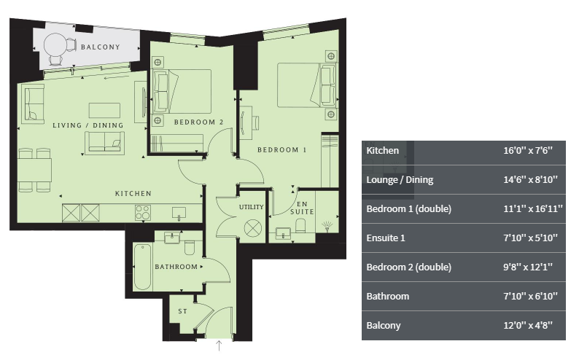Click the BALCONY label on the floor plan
101,47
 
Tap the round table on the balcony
55,45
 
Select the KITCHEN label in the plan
133,194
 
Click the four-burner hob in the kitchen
143,213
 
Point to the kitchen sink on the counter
179,214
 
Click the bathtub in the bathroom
142,267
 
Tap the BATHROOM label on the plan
176,267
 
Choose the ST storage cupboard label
183,311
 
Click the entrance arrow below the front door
219,345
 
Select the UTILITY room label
251,207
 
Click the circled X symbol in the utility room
253,227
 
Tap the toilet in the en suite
300,226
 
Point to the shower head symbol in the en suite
327,226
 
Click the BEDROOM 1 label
281,149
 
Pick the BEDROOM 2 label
198,122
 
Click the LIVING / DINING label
88,125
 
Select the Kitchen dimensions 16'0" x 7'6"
528,151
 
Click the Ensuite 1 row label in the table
386,238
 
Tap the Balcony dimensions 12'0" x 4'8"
528,325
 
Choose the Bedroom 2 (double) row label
409,267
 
